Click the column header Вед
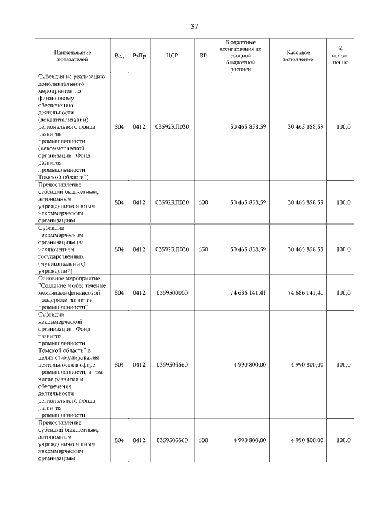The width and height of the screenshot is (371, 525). coord(119,56)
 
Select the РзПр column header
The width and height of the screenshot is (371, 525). coord(139,56)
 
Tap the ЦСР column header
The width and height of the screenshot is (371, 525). coord(172,56)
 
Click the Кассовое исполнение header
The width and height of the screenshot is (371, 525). coord(298,56)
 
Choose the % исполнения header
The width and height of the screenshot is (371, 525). coord(340,56)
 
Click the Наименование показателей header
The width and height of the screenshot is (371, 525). coord(71,56)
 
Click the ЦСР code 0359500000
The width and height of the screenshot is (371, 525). coord(172,293)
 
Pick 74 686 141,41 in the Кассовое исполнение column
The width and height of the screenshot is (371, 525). coord(305,293)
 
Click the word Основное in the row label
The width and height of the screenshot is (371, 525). coord(50,278)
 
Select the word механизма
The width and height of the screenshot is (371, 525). coord(55,293)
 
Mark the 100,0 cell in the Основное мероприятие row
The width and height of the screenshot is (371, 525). coord(343,293)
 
